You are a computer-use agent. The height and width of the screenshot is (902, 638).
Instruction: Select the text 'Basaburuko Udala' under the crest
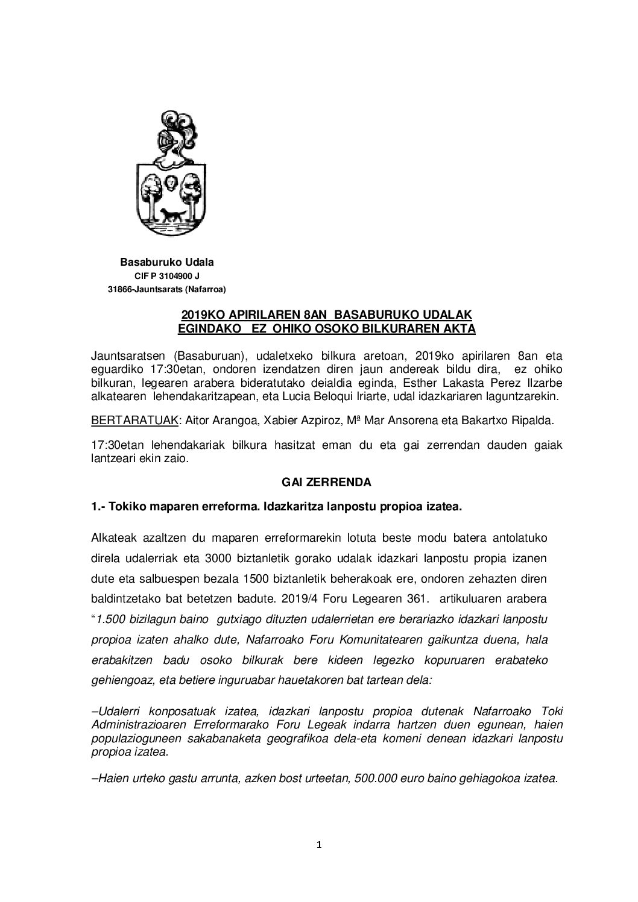coord(167,263)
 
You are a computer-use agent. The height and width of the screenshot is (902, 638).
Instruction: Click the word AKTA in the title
coord(458,328)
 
